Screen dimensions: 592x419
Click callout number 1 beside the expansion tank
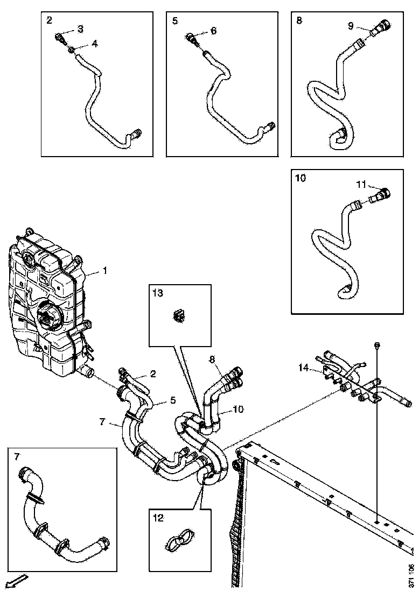[x=104, y=271]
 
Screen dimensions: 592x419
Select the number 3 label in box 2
[x=80, y=28]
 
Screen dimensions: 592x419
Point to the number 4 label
[x=95, y=44]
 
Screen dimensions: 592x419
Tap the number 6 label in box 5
[x=213, y=31]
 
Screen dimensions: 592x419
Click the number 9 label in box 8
[x=351, y=25]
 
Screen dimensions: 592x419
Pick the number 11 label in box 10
[x=362, y=184]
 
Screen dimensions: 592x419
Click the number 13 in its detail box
[x=157, y=293]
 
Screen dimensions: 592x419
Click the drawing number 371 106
[x=411, y=574]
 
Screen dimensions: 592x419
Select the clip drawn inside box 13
[x=179, y=317]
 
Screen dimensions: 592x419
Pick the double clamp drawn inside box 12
[x=178, y=540]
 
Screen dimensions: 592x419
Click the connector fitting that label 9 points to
[x=380, y=27]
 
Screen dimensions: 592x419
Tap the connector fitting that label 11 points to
[x=380, y=194]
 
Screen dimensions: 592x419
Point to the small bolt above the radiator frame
[x=376, y=344]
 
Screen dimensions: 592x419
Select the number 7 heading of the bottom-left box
[x=17, y=456]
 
